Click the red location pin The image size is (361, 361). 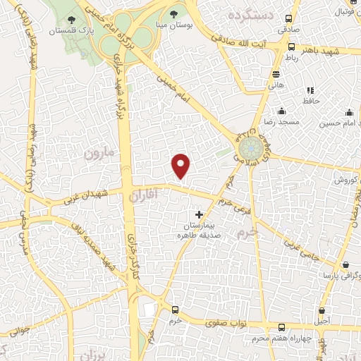point(181,166)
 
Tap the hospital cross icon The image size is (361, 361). point(199,214)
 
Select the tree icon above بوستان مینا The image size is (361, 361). point(174,14)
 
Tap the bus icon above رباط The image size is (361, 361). point(292,46)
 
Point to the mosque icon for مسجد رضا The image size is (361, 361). point(282,111)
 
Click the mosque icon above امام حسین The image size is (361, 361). point(349,112)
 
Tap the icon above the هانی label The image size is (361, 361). point(276,74)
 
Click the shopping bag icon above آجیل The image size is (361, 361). point(322,310)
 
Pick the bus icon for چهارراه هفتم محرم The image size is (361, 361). point(282,327)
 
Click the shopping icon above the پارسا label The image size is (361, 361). point(345,265)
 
